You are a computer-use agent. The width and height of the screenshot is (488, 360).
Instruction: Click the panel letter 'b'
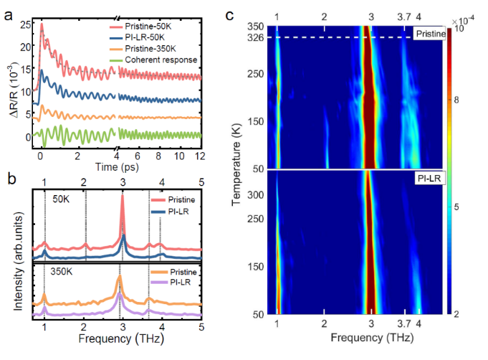tap(8, 177)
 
